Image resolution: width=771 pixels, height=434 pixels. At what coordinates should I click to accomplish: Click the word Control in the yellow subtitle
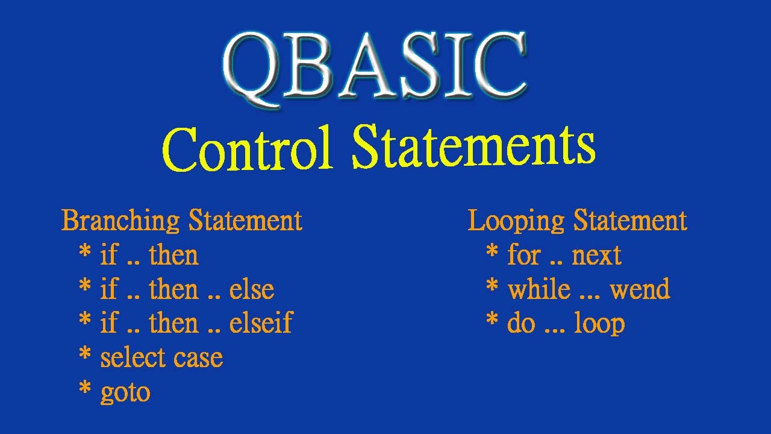click(248, 149)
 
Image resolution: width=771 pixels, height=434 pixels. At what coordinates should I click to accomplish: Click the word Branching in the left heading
click(120, 221)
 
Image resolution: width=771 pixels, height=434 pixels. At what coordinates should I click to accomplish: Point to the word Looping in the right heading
click(517, 221)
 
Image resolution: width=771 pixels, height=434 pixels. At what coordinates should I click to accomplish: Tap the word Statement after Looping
click(630, 221)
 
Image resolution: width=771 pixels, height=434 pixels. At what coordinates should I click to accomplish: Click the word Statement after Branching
click(246, 221)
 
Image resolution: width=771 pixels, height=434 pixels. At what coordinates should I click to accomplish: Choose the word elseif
click(261, 323)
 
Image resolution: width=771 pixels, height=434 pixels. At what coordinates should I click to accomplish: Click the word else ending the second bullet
click(252, 289)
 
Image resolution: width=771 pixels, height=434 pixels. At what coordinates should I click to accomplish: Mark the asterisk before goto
click(85, 389)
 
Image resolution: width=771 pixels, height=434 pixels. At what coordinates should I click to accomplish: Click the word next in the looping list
click(596, 256)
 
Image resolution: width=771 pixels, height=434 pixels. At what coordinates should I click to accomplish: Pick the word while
click(538, 289)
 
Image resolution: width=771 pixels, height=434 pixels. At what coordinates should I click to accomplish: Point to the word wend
click(640, 290)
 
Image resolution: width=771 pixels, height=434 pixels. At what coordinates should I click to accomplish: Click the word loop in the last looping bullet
click(599, 324)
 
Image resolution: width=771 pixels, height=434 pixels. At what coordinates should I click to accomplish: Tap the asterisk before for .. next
click(492, 252)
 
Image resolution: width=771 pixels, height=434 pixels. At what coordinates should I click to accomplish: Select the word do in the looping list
click(521, 324)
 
